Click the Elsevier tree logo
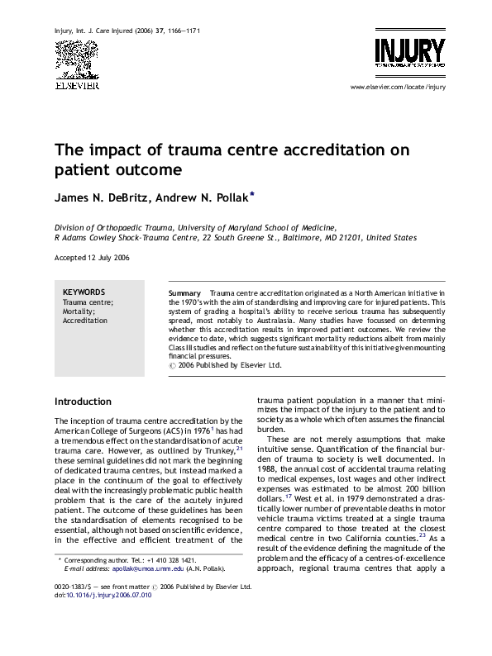pos(76,59)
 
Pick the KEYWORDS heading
pos(84,292)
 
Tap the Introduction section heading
pos(83,402)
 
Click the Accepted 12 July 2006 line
pos(91,258)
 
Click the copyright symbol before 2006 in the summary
pos(172,364)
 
